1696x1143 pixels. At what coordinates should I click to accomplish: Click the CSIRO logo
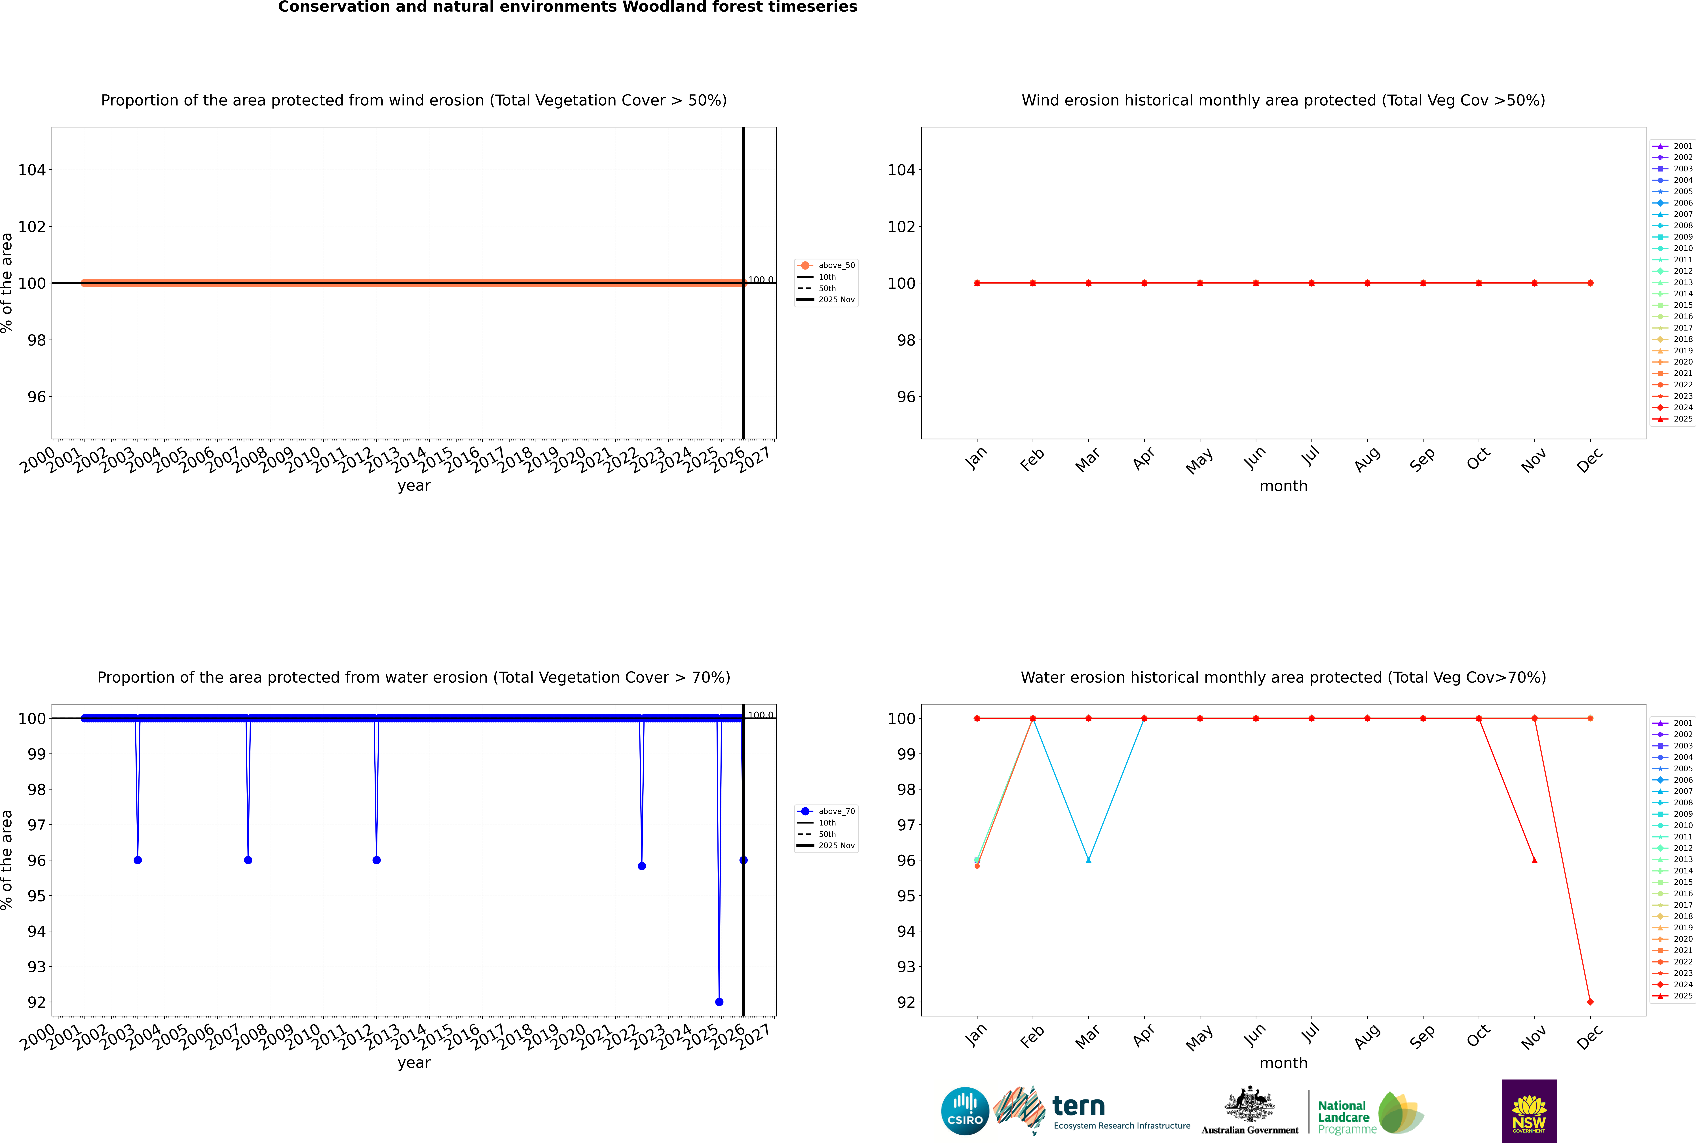coord(965,1111)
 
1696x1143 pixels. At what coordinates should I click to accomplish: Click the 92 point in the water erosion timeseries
coord(719,1002)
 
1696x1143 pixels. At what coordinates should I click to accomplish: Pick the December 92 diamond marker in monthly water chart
coord(1590,1002)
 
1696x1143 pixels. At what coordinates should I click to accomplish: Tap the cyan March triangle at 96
coord(1089,860)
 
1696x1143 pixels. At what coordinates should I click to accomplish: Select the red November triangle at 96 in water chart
coord(1535,860)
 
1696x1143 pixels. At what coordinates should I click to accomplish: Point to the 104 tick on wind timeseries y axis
coord(32,170)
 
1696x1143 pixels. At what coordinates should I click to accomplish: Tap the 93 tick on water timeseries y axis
coord(36,967)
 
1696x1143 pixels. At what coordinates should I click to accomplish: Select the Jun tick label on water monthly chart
coord(1255,1036)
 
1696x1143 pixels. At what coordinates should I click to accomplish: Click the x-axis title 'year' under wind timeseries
coord(414,486)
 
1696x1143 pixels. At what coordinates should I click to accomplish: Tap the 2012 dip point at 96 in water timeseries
coord(376,860)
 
